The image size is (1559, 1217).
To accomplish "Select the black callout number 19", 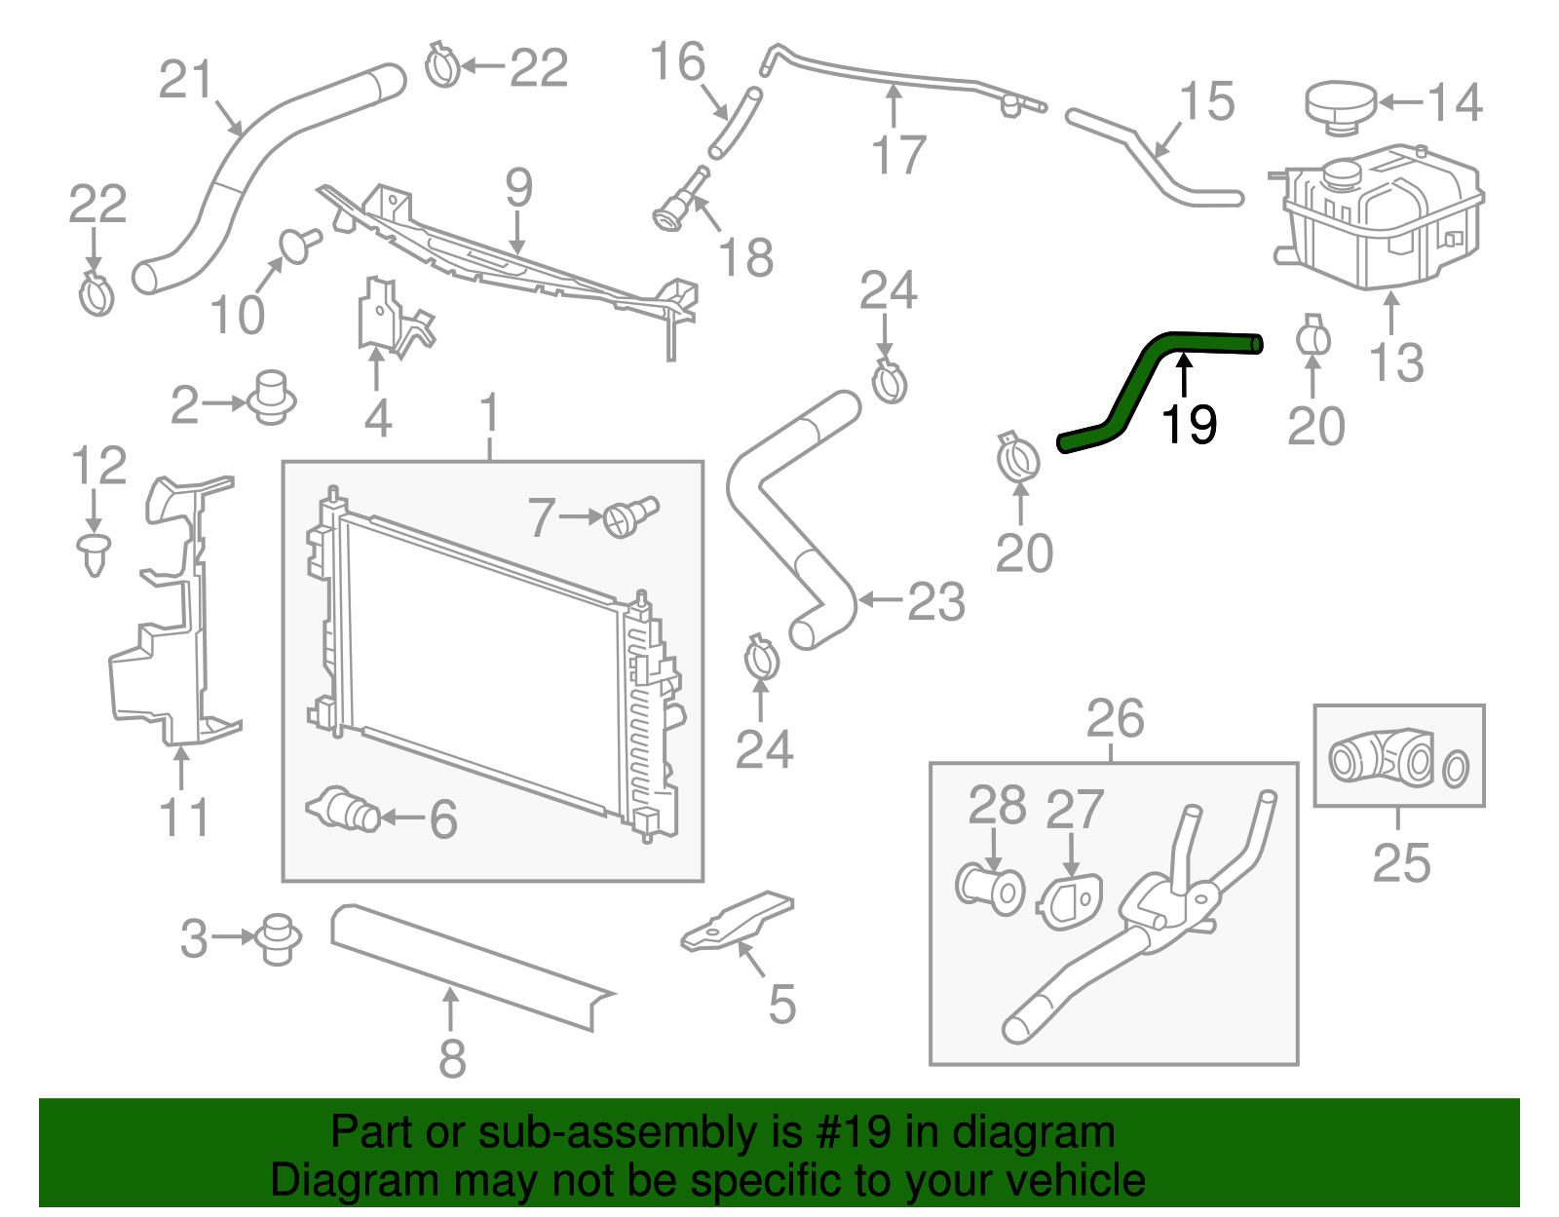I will [1189, 425].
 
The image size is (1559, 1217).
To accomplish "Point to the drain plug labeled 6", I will [345, 810].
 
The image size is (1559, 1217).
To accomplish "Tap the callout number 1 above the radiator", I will [489, 413].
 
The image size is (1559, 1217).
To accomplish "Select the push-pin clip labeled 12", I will [94, 552].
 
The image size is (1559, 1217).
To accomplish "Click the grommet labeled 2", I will [272, 397].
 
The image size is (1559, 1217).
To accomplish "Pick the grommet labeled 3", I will [278, 938].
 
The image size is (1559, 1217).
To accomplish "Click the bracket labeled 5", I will [738, 921].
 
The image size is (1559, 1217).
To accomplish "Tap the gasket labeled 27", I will [1069, 900].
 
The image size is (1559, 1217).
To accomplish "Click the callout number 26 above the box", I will [1115, 719].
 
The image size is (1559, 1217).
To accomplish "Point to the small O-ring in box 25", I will [1455, 769].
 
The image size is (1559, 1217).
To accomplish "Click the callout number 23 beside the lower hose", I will [936, 601].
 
